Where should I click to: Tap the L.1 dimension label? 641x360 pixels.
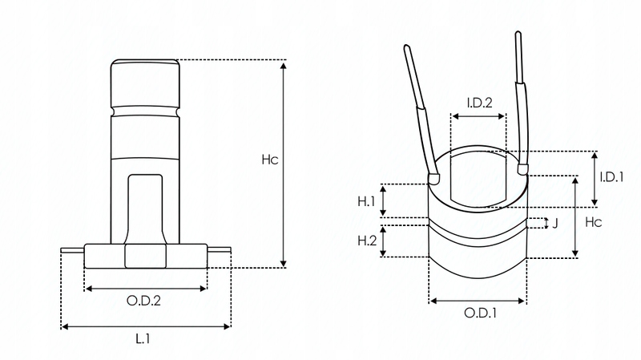[x=143, y=340]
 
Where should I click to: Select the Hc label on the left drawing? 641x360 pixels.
[x=269, y=160]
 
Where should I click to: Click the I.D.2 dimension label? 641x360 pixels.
[x=479, y=102]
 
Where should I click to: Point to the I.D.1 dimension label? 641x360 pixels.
[x=612, y=177]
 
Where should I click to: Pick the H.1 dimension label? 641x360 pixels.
[x=366, y=200]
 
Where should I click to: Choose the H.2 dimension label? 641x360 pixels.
[x=366, y=241]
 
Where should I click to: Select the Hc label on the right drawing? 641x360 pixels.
[x=594, y=220]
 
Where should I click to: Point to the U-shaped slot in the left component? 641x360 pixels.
[x=144, y=204]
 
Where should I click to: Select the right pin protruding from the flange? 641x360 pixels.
[x=218, y=251]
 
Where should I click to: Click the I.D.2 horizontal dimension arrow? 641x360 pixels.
[x=478, y=116]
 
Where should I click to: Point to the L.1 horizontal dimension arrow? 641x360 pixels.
[x=145, y=326]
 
